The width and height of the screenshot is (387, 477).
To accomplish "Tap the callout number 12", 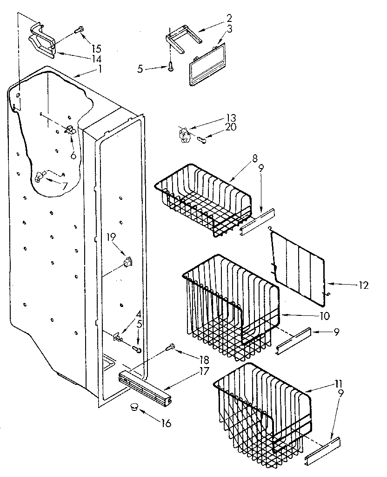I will [363, 286].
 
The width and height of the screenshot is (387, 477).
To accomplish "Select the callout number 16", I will [166, 423].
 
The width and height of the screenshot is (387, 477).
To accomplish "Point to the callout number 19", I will [110, 237].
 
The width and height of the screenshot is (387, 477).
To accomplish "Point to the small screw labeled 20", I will [202, 139].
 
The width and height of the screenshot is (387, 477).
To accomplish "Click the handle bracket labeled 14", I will [43, 42].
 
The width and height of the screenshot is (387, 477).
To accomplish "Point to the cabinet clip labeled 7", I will [40, 176].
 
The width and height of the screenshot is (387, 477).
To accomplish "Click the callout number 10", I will [324, 316].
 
